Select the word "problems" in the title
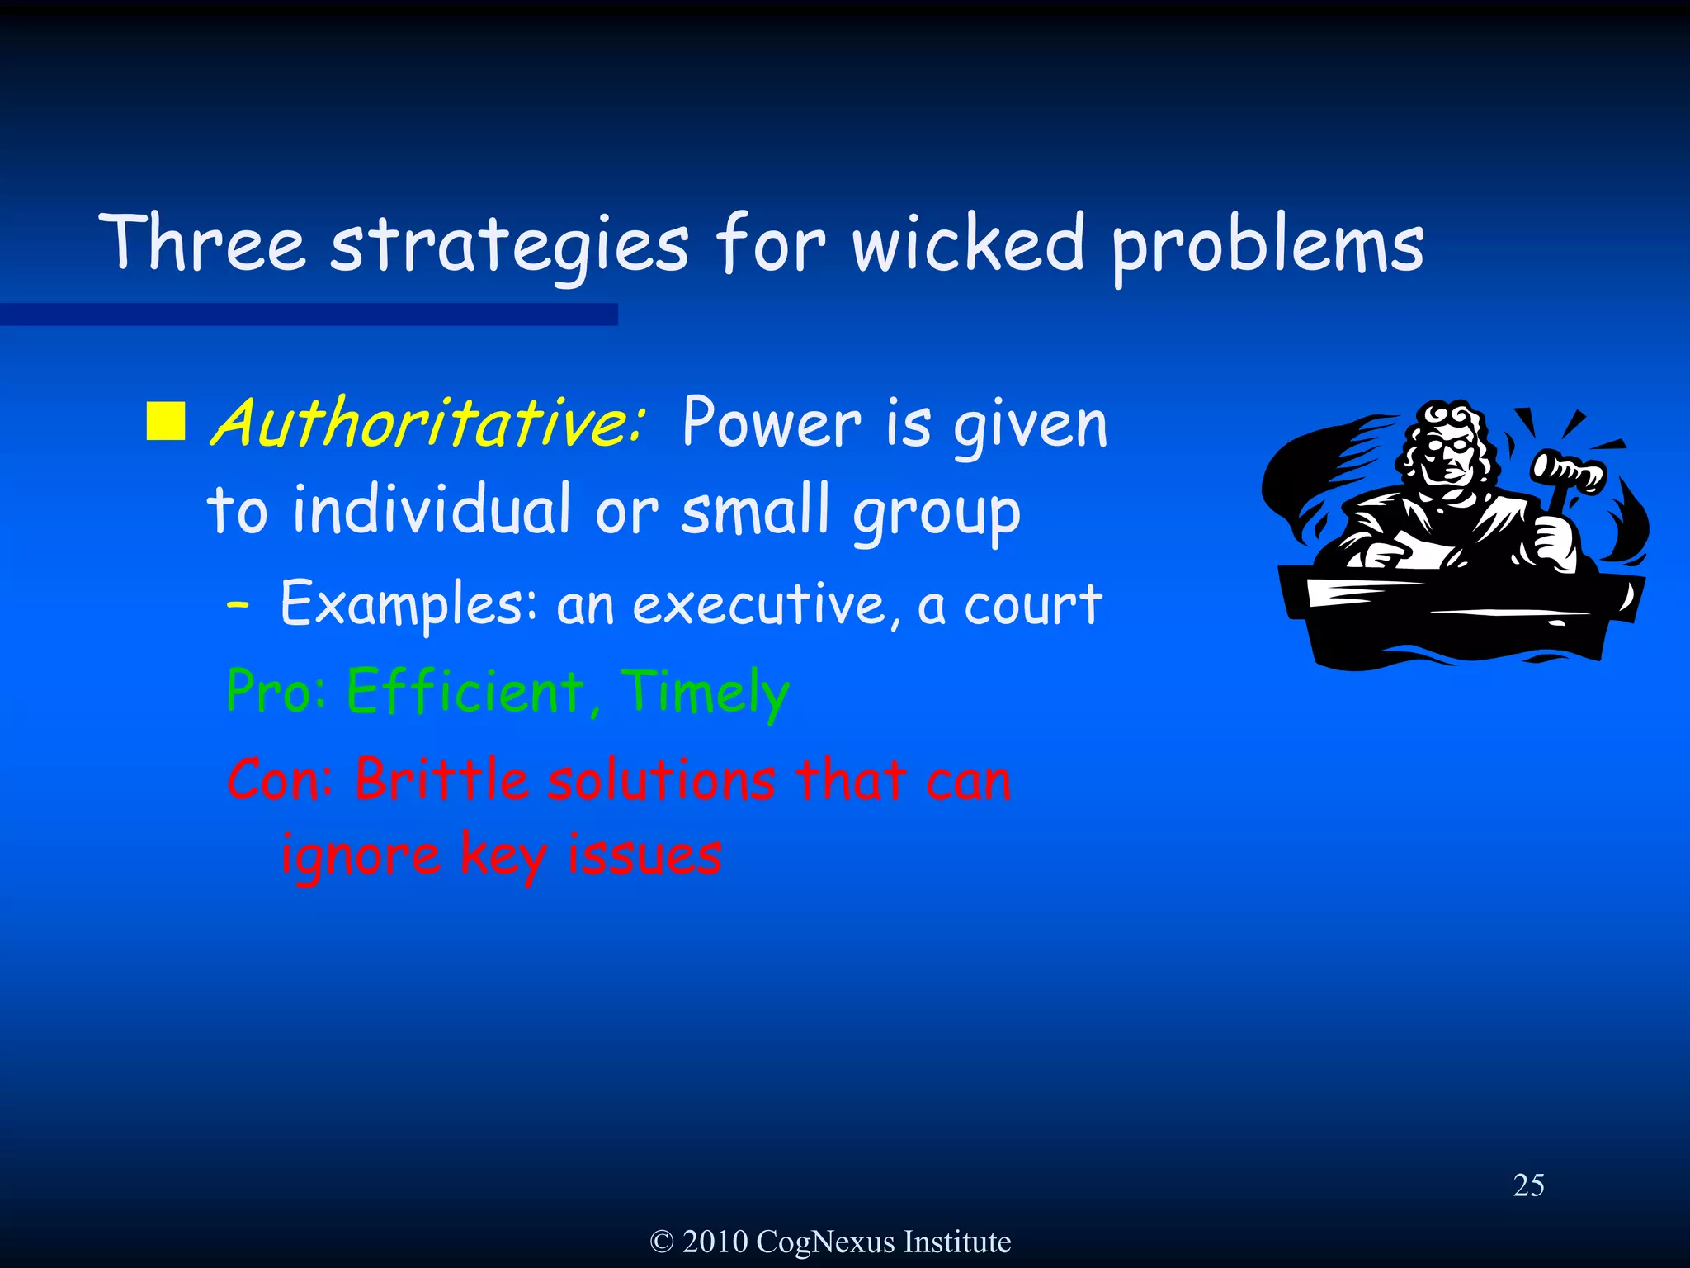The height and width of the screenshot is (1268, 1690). tap(1267, 246)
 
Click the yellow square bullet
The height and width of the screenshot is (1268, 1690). tap(166, 422)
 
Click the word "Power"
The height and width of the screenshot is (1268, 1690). tap(771, 423)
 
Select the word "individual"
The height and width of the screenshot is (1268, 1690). tap(432, 509)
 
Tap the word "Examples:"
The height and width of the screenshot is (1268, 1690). tap(409, 605)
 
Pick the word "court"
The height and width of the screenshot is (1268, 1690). tap(1033, 605)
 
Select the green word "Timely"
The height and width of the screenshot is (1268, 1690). tap(705, 693)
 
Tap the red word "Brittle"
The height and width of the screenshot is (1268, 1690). tap(441, 779)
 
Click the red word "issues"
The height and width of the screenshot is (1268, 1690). tap(644, 854)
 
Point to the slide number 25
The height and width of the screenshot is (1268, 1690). tap(1528, 1185)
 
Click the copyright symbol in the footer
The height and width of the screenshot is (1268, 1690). tap(662, 1242)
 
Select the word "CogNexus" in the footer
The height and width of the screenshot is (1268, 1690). tap(824, 1242)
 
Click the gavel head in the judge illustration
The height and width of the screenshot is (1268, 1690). tap(1567, 471)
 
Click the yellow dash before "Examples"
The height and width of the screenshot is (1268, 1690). tap(238, 605)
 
